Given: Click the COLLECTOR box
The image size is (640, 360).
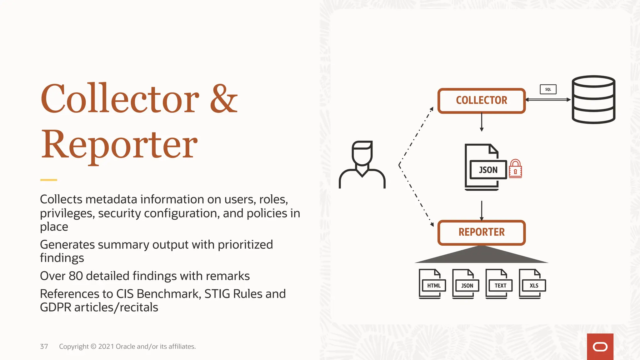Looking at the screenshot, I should click(481, 101).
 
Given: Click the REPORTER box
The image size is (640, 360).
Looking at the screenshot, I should click(481, 232).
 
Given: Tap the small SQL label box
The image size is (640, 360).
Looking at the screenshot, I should click(548, 89).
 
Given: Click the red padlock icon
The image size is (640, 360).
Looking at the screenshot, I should click(515, 169).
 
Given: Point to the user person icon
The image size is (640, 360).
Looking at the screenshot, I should click(362, 164).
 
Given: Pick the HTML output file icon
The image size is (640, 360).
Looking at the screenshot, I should click(432, 284).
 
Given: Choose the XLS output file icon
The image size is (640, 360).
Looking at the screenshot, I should click(532, 284).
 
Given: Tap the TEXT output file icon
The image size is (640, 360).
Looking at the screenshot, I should click(499, 284).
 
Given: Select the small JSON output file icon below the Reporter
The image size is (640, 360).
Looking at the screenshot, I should click(466, 284).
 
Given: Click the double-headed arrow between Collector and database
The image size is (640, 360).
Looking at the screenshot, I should click(548, 100).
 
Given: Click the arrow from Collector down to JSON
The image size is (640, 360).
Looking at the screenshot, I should click(482, 122).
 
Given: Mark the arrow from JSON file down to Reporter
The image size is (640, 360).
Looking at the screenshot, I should click(482, 211).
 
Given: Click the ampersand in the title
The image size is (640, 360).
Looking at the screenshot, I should click(224, 99).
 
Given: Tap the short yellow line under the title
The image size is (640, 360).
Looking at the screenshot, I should click(48, 180).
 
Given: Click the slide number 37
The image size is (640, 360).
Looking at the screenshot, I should click(44, 347).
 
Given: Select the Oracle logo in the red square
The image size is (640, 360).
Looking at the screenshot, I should click(600, 347).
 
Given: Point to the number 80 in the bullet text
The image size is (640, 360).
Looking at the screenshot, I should click(76, 276).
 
